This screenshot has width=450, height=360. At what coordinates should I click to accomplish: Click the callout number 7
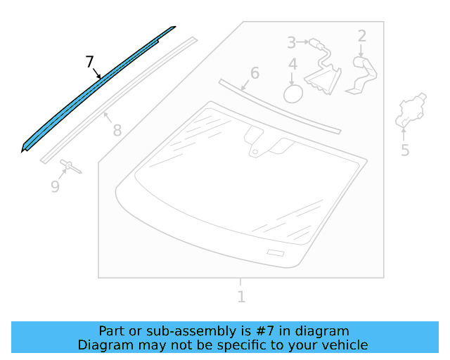89,62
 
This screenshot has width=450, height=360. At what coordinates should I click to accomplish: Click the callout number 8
117,130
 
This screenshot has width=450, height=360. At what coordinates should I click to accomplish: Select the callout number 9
55,186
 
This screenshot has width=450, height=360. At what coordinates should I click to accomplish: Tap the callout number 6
255,73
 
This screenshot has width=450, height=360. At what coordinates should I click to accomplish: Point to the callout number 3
291,42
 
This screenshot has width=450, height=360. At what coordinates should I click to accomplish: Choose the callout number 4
292,65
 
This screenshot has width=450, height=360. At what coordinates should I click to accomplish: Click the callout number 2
362,35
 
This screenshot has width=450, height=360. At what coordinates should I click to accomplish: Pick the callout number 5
405,150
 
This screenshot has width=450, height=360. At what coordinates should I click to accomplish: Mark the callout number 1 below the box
241,297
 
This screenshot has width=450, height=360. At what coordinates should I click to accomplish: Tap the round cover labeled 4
292,94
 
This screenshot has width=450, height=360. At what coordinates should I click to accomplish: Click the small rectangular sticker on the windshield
275,252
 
